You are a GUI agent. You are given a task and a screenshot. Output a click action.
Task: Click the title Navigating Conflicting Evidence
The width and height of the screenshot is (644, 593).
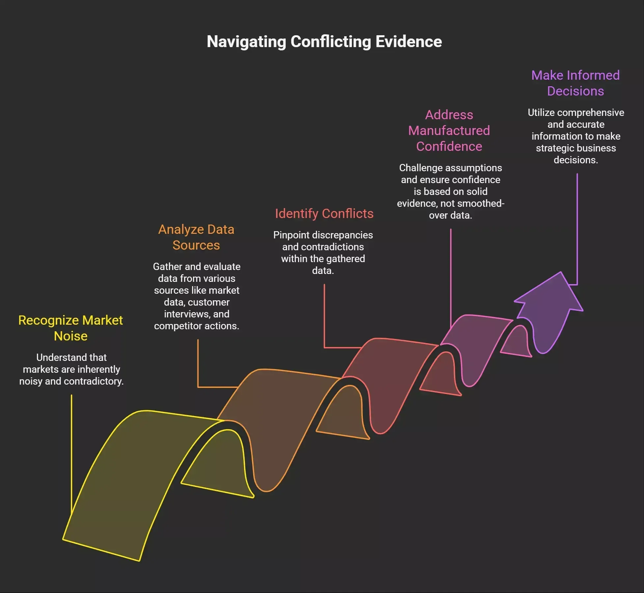click(324, 42)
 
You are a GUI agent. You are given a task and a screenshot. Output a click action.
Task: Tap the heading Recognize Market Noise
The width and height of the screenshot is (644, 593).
click(70, 328)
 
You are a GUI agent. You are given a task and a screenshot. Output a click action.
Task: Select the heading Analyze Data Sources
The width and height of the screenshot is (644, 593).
click(196, 237)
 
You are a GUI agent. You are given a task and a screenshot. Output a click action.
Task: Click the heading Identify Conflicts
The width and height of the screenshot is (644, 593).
click(324, 213)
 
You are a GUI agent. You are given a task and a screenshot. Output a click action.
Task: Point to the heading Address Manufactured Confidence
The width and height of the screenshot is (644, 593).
click(449, 130)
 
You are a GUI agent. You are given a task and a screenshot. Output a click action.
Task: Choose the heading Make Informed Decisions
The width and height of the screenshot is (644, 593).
click(576, 83)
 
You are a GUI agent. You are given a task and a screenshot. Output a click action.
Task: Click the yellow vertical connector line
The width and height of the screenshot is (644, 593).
click(71, 454)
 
